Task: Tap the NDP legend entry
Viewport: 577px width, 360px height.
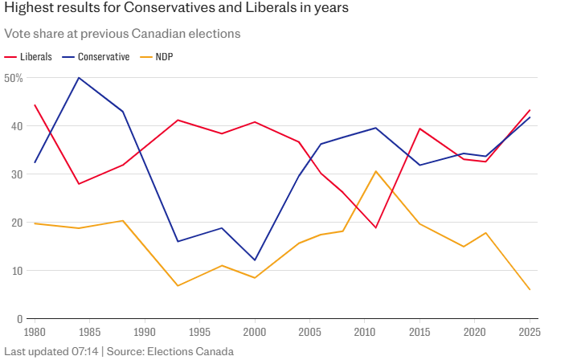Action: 164,57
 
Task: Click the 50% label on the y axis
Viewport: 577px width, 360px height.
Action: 13,78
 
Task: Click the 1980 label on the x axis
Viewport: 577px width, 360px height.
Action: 35,331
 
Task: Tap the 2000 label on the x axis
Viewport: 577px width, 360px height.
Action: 255,331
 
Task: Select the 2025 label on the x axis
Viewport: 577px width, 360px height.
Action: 528,331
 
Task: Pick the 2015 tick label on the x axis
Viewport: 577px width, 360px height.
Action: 419,331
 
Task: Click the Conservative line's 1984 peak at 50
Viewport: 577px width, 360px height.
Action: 79,78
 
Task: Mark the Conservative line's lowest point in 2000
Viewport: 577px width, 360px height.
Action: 255,260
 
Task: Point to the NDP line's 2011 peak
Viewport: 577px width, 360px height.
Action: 375,171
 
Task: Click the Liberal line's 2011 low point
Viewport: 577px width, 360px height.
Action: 375,228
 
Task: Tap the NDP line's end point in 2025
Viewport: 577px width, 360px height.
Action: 530,289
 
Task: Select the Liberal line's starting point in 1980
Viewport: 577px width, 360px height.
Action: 35,105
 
